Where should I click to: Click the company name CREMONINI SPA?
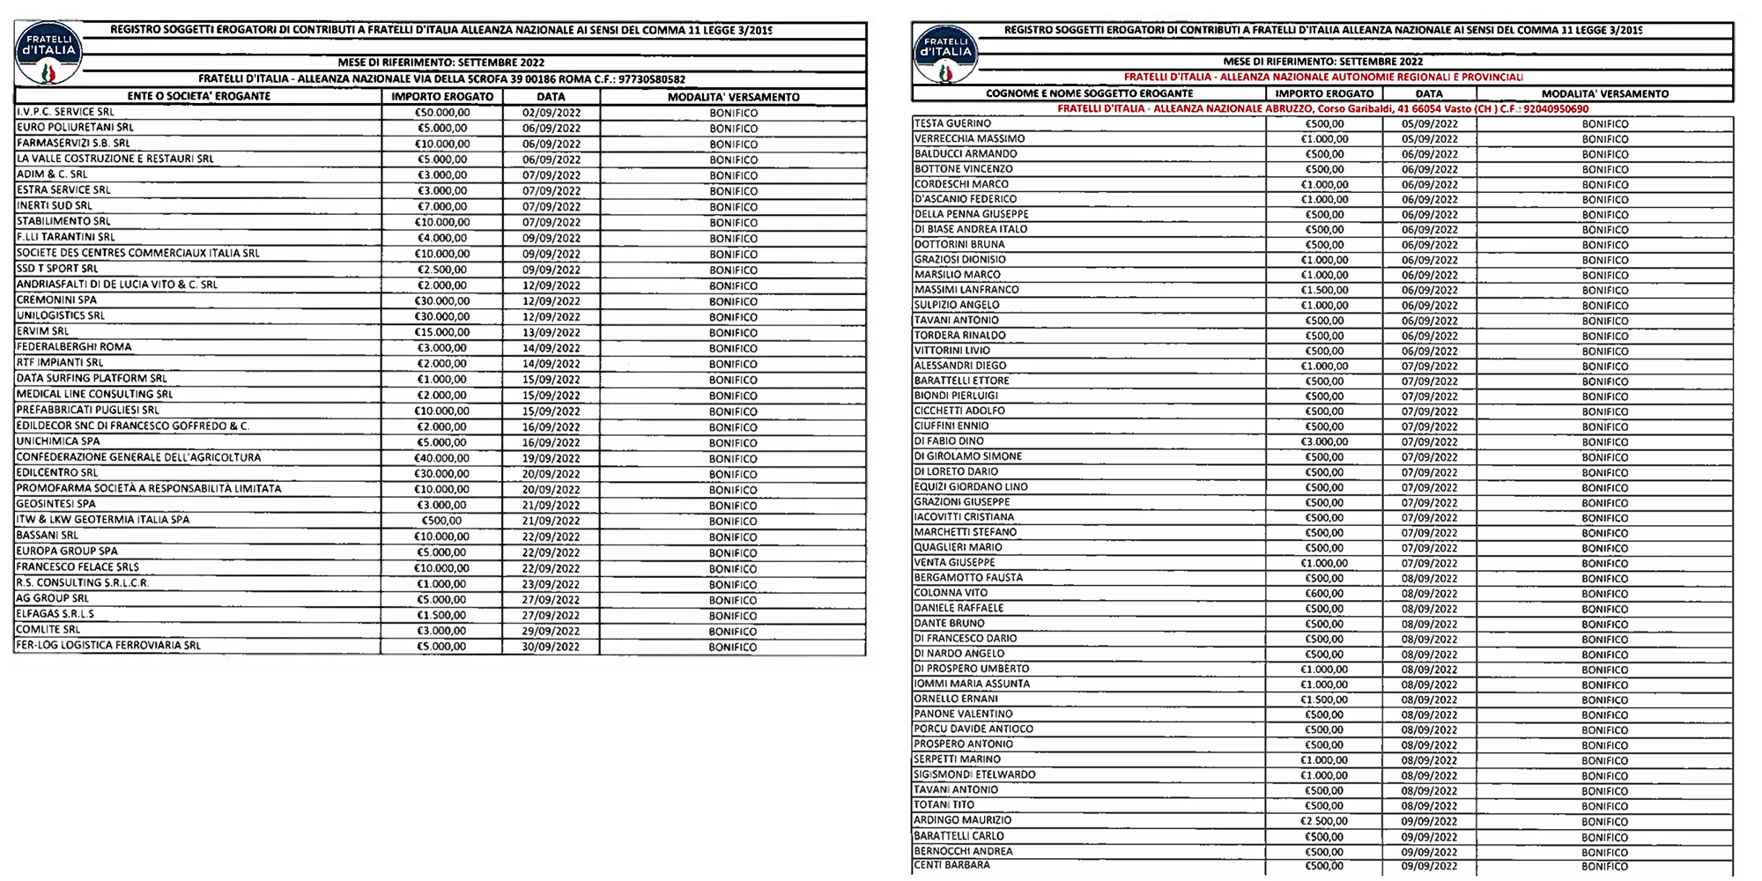pyautogui.click(x=57, y=300)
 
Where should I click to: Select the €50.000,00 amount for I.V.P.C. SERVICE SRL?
pyautogui.click(x=442, y=113)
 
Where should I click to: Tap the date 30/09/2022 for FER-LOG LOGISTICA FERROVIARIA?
pyautogui.click(x=551, y=647)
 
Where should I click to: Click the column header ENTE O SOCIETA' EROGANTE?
pyautogui.click(x=198, y=96)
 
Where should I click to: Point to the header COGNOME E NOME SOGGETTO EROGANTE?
pyautogui.click(x=1089, y=93)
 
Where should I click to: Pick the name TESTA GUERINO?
pyautogui.click(x=952, y=124)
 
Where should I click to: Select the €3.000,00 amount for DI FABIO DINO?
pyautogui.click(x=1324, y=441)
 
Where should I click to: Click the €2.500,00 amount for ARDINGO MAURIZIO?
pyautogui.click(x=1324, y=821)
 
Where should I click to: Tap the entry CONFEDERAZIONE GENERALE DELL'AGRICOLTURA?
pyautogui.click(x=139, y=457)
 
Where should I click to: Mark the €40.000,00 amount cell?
pyautogui.click(x=442, y=458)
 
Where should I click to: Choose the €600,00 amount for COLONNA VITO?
pyautogui.click(x=1324, y=594)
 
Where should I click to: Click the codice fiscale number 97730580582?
pyautogui.click(x=652, y=79)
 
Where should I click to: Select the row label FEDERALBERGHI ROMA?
pyautogui.click(x=74, y=347)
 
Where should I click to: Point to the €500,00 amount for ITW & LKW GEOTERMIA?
pyautogui.click(x=442, y=521)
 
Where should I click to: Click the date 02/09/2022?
pyautogui.click(x=551, y=113)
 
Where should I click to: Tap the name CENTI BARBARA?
pyautogui.click(x=952, y=865)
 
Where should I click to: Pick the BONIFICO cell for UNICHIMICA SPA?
pyautogui.click(x=733, y=443)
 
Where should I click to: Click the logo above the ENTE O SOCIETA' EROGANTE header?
pyautogui.click(x=48, y=53)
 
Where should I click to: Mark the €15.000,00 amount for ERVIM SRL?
pyautogui.click(x=442, y=332)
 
